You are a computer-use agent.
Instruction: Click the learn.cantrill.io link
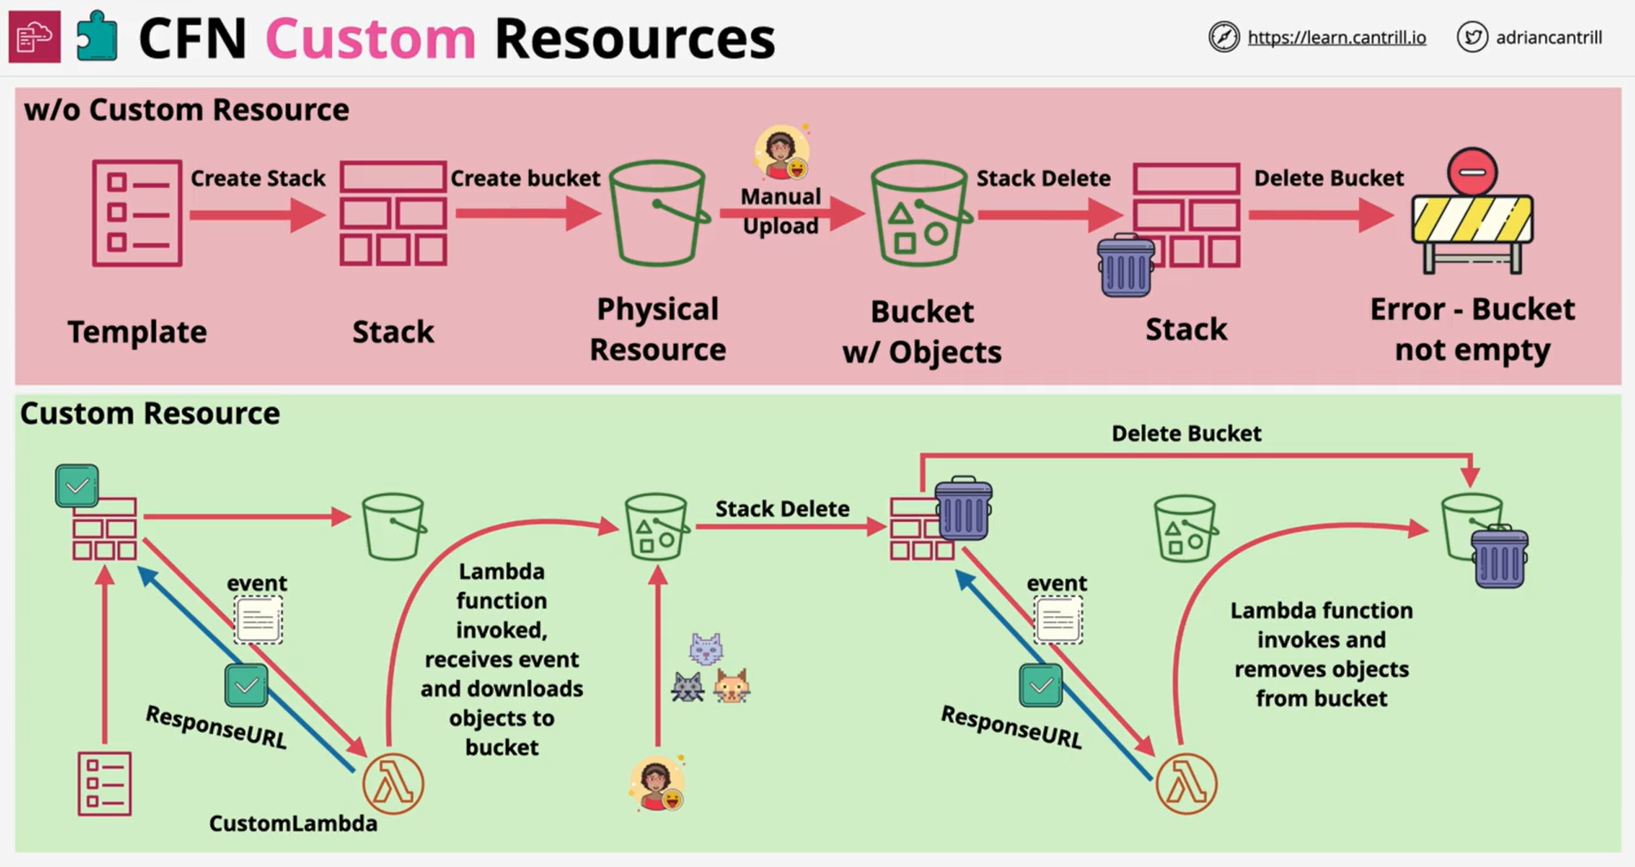pos(1337,38)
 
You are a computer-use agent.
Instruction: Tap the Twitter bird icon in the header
pos(1472,37)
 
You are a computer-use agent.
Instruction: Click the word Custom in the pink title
pos(371,39)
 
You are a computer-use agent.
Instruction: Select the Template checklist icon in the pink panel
pos(137,212)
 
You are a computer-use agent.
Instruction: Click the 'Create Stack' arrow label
pos(258,179)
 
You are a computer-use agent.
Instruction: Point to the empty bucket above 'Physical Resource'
pos(659,213)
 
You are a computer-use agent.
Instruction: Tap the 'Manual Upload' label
pos(780,211)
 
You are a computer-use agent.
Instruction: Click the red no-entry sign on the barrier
pos(1472,172)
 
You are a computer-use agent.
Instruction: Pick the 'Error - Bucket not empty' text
pos(1472,329)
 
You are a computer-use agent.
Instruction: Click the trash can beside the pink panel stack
pos(1125,266)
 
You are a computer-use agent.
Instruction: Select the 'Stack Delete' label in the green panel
pos(782,509)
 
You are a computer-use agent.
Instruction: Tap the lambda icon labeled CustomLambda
pos(393,784)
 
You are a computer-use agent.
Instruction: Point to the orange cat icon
pos(731,687)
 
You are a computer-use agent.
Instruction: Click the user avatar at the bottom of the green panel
pos(657,783)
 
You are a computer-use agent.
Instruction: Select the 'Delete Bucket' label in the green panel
pos(1186,433)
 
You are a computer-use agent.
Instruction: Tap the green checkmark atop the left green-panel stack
pos(77,487)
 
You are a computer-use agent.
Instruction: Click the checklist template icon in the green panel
pos(104,784)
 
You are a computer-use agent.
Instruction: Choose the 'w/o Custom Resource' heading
pos(186,110)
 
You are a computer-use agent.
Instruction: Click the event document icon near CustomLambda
pos(258,619)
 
